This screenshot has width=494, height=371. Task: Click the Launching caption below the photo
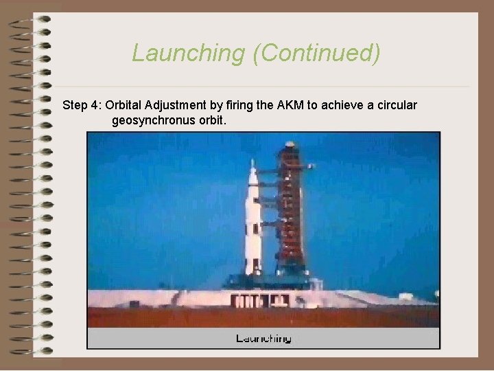tap(263, 338)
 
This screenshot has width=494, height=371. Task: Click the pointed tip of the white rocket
tap(252, 162)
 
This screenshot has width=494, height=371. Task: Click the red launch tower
tap(290, 220)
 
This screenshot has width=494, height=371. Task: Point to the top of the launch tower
tap(290, 145)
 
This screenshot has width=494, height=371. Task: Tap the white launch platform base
tap(261, 300)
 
